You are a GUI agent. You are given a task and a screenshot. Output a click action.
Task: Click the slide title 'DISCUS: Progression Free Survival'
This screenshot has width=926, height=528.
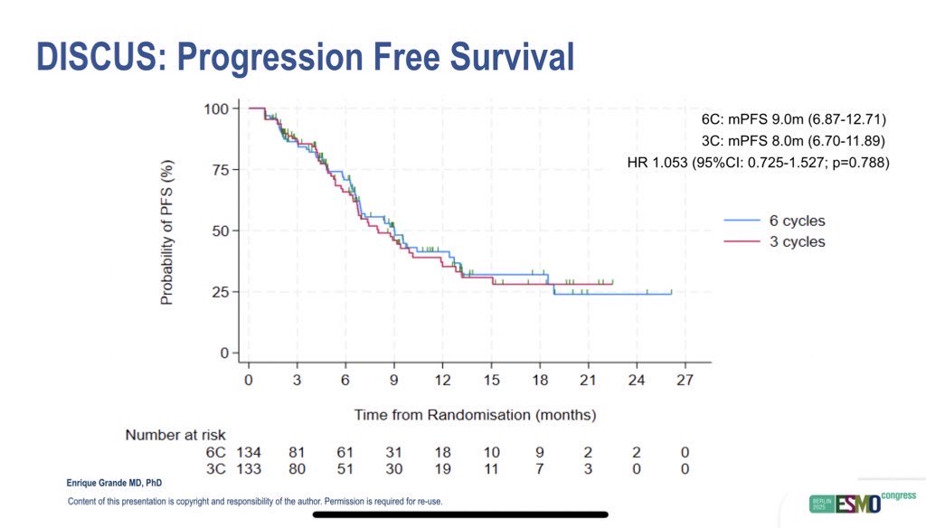pyautogui.click(x=305, y=56)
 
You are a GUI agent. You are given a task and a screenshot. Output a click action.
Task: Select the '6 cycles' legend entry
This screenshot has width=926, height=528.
pyautogui.click(x=775, y=221)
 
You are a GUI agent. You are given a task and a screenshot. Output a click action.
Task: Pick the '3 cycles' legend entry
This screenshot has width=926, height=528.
pyautogui.click(x=775, y=241)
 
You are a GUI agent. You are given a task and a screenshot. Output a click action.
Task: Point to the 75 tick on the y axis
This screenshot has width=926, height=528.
pyautogui.click(x=217, y=170)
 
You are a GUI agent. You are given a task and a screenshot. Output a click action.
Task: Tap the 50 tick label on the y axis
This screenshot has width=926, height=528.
pyautogui.click(x=217, y=231)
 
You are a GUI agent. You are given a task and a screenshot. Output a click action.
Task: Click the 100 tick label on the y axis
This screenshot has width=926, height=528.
pyautogui.click(x=214, y=109)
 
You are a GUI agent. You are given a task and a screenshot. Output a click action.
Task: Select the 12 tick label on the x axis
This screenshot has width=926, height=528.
pyautogui.click(x=442, y=381)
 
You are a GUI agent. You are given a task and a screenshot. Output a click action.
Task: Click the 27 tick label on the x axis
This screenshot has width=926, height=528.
pyautogui.click(x=685, y=381)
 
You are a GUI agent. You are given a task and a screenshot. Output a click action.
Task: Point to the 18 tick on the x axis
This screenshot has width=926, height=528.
pyautogui.click(x=539, y=381)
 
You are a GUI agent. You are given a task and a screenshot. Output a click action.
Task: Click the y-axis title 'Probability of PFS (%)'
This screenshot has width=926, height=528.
pyautogui.click(x=167, y=232)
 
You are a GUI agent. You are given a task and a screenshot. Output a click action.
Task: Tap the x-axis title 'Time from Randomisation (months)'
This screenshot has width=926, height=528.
pyautogui.click(x=475, y=415)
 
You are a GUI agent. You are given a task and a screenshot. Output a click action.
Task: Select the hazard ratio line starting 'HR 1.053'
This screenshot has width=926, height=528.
pyautogui.click(x=758, y=163)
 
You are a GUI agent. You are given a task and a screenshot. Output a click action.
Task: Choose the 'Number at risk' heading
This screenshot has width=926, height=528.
pyautogui.click(x=175, y=435)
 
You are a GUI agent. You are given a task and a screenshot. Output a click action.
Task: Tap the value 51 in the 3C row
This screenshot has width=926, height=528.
pyautogui.click(x=345, y=468)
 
